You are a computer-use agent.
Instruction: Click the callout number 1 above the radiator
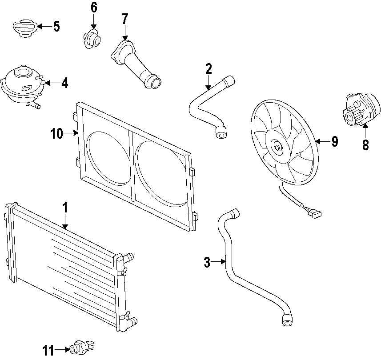click(65, 208)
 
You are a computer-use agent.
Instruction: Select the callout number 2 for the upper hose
click(209, 69)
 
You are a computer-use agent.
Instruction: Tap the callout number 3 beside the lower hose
click(207, 263)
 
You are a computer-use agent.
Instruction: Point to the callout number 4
click(65, 83)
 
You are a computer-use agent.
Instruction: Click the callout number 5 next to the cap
click(56, 27)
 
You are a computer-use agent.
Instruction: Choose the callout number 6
click(94, 8)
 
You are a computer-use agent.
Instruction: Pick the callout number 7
click(125, 19)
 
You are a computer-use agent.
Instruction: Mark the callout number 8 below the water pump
click(365, 145)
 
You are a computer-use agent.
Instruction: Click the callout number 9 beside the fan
click(334, 142)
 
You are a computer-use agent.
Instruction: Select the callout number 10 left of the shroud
click(57, 133)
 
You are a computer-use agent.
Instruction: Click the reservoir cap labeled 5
click(23, 27)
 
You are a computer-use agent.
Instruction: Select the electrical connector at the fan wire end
click(316, 214)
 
